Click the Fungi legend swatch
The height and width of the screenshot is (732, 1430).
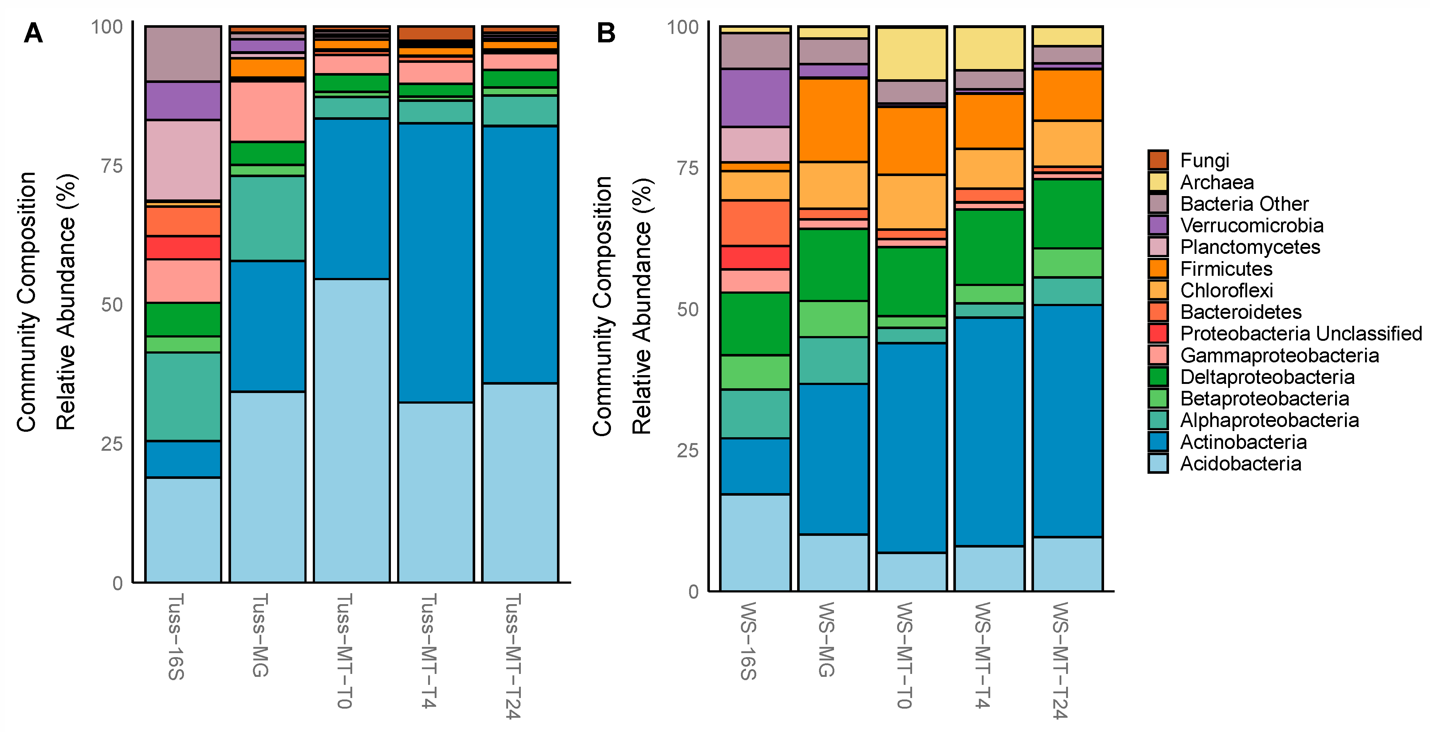[x=1158, y=160]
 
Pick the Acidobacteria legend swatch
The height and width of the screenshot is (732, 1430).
[x=1158, y=463]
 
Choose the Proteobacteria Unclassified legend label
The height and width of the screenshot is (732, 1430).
[x=1301, y=333]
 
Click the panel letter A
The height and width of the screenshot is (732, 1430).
[x=33, y=33]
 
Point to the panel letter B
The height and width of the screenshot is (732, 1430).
[x=606, y=33]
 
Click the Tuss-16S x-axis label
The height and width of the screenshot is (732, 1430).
[x=176, y=636]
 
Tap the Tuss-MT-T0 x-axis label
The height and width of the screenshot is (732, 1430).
[x=344, y=651]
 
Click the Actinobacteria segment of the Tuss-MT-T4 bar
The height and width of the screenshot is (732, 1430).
[x=436, y=263]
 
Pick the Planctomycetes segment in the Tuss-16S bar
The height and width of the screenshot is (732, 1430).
[x=183, y=160]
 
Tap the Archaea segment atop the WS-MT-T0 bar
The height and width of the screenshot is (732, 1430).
[x=911, y=54]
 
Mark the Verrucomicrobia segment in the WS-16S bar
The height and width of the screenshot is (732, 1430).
[x=755, y=98]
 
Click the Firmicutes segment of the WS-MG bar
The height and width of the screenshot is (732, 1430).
[x=833, y=120]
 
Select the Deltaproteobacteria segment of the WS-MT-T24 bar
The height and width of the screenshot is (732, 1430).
[x=1068, y=214]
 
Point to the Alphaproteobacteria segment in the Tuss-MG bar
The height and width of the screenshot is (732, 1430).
[x=268, y=218]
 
